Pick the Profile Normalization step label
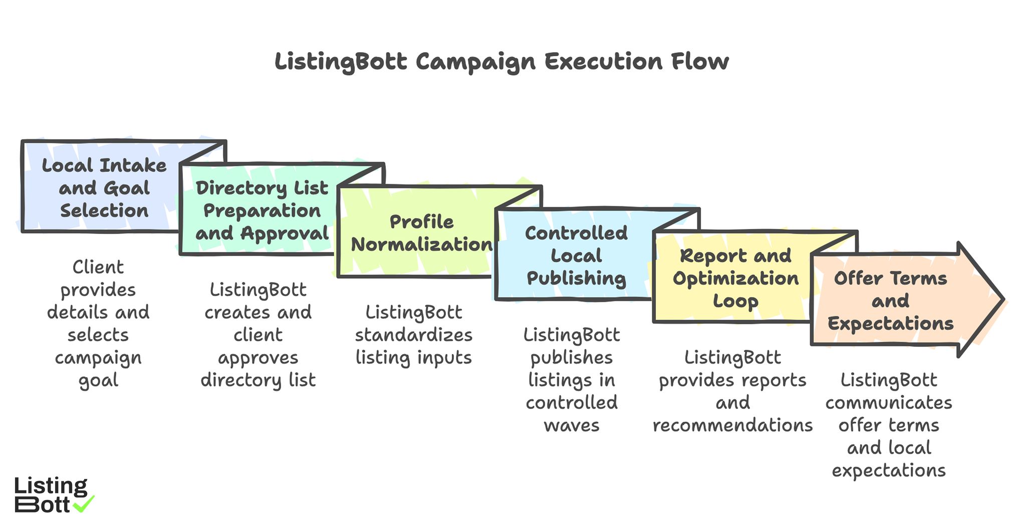click(421, 233)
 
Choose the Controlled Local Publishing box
click(576, 256)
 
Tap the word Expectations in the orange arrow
click(890, 323)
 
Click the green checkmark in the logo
click(84, 503)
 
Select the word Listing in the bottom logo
click(51, 486)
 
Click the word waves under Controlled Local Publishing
click(571, 426)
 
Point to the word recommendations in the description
click(732, 425)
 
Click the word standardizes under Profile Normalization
click(413, 335)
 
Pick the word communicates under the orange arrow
click(888, 403)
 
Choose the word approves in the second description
click(258, 358)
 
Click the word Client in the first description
click(98, 267)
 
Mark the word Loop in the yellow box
click(735, 301)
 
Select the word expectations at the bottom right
click(888, 470)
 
